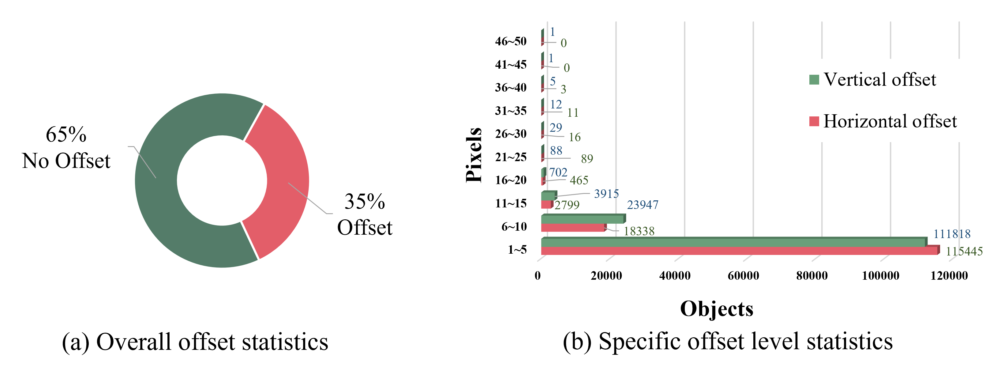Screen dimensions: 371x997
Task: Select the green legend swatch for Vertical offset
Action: click(814, 80)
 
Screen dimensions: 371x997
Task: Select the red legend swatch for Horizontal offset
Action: click(814, 122)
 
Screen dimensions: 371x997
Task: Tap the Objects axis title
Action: click(716, 308)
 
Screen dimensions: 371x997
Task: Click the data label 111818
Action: click(952, 234)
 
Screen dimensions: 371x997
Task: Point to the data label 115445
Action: click(964, 251)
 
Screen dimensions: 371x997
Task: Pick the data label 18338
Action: click(639, 231)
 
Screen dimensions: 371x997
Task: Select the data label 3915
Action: click(606, 194)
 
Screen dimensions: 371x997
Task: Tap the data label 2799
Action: click(567, 205)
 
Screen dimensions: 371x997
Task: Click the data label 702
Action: click(558, 172)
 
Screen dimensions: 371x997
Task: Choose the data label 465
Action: click(579, 180)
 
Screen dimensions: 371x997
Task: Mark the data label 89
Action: click(587, 159)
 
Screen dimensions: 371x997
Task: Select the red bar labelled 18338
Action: click(573, 228)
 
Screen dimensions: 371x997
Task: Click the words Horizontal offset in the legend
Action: click(890, 121)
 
